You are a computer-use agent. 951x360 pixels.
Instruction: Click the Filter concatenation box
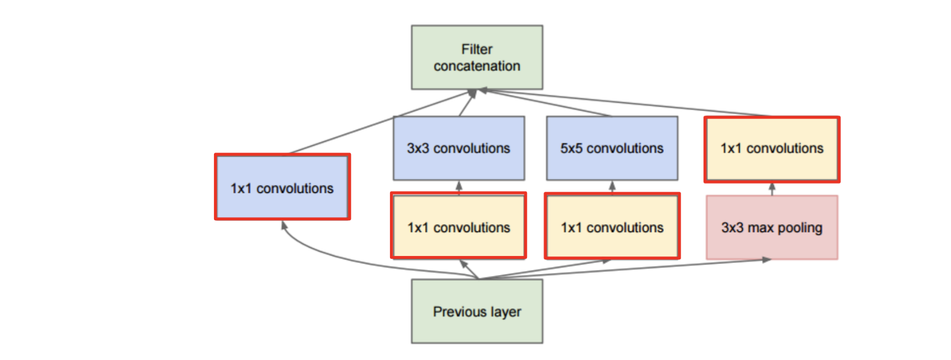tap(477, 57)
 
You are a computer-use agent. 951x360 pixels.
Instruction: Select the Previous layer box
tap(477, 311)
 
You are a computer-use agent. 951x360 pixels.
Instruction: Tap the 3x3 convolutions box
tap(459, 148)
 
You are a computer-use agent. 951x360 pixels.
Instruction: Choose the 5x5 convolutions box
tap(612, 148)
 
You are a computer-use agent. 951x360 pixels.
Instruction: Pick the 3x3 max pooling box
tap(772, 228)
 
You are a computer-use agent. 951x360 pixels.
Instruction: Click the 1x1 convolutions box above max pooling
tap(772, 149)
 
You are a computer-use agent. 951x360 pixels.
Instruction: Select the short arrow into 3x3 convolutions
tap(459, 187)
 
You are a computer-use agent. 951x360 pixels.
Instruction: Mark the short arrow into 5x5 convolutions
tap(612, 187)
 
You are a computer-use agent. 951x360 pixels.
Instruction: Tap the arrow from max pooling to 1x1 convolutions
tap(772, 189)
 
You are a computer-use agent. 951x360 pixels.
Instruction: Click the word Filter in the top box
tap(477, 49)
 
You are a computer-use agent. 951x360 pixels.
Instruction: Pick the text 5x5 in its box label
tap(571, 148)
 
